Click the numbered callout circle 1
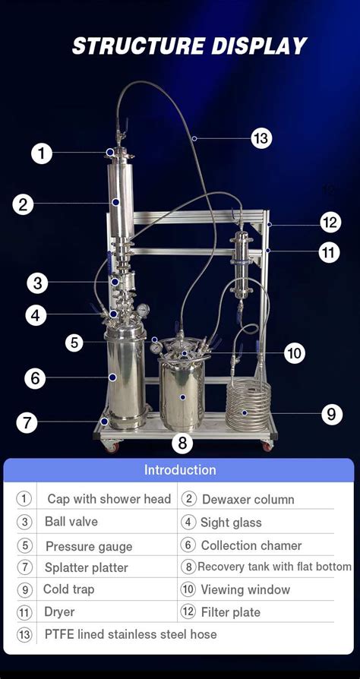pos(42,153)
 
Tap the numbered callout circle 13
pos(261,138)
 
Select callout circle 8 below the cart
pos(182,443)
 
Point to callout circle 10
pos(295,353)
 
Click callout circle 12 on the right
pos(330,223)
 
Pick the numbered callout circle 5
pos(74,343)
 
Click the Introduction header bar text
pos(180,470)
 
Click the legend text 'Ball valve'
pos(71,522)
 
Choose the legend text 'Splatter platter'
pos(87,567)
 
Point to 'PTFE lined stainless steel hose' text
pos(130,634)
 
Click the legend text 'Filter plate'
pos(231,612)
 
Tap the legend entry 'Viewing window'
pos(245,589)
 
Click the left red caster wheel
pos(112,448)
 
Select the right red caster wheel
pos(267,447)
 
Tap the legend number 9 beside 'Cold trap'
pos(24,589)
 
